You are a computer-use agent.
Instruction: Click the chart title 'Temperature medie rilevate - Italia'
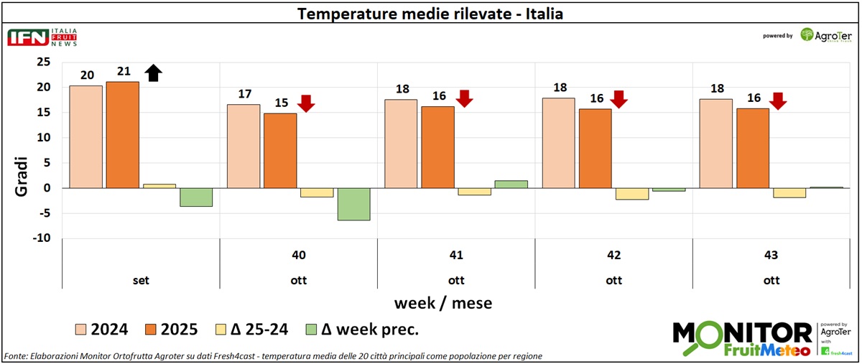[430, 14]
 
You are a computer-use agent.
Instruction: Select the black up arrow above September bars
[154, 73]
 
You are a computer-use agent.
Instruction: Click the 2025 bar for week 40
[280, 150]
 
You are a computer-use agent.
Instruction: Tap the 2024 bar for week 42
[558, 143]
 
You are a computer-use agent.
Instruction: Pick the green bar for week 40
[353, 204]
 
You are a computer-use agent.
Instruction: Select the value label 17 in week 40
[243, 94]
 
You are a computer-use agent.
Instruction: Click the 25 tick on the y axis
[44, 62]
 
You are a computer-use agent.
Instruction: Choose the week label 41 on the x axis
[456, 255]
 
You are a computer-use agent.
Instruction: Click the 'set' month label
[141, 280]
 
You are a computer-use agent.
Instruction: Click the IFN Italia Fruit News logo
[42, 38]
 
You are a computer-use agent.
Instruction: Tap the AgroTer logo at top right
[826, 35]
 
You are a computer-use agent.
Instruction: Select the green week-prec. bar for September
[196, 197]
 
